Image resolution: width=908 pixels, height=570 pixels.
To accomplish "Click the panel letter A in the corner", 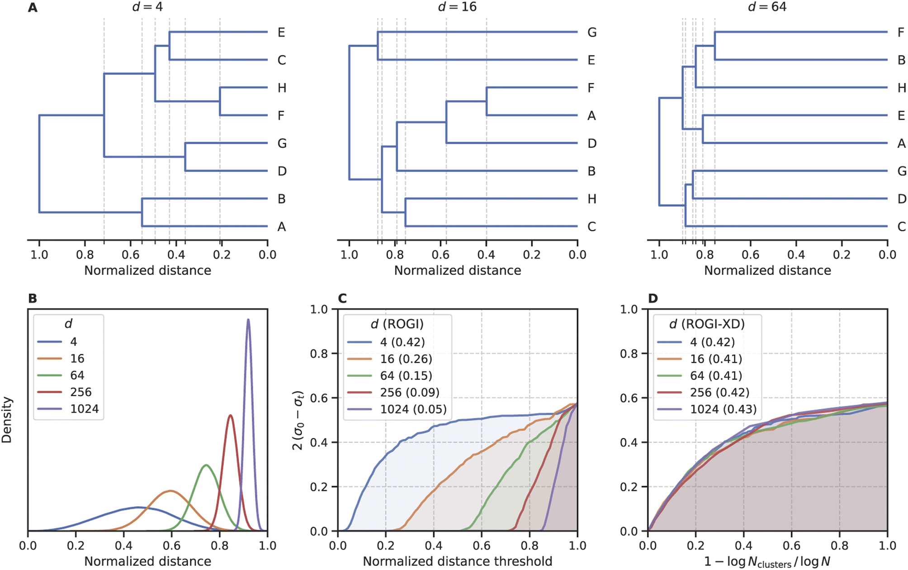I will (x=33, y=8).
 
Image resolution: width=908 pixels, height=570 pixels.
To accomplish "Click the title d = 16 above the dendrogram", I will (x=457, y=7).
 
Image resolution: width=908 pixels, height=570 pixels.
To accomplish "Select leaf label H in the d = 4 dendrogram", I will (x=282, y=88).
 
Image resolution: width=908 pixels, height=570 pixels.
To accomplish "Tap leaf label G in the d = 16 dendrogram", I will (x=591, y=33).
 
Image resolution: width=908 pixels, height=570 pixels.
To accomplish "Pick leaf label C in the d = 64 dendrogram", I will (x=901, y=227).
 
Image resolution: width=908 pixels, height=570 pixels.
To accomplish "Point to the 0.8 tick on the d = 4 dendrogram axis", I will (x=85, y=255).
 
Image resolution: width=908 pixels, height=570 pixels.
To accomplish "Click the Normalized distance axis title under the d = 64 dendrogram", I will (x=767, y=271).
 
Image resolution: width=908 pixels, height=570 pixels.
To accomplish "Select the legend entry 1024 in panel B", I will (x=84, y=409).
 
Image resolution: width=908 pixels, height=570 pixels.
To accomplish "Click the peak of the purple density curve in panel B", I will (x=248, y=319).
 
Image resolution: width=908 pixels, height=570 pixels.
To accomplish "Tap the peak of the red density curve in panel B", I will (x=231, y=415).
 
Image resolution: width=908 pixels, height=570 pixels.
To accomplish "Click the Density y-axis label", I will (x=7, y=419).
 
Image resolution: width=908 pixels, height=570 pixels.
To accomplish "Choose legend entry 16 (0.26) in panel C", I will (x=406, y=359).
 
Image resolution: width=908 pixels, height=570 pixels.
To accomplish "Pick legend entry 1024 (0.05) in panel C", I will (x=413, y=409).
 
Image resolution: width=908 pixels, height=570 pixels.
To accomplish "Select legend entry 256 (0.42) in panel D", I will (x=719, y=393).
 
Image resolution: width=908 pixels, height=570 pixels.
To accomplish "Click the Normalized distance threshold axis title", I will (x=457, y=561).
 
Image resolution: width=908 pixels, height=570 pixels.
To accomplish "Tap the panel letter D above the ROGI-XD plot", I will (x=653, y=299).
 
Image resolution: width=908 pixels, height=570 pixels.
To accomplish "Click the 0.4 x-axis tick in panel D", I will (x=743, y=546).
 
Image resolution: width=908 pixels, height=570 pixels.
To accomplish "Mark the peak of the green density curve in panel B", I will (x=206, y=465).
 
